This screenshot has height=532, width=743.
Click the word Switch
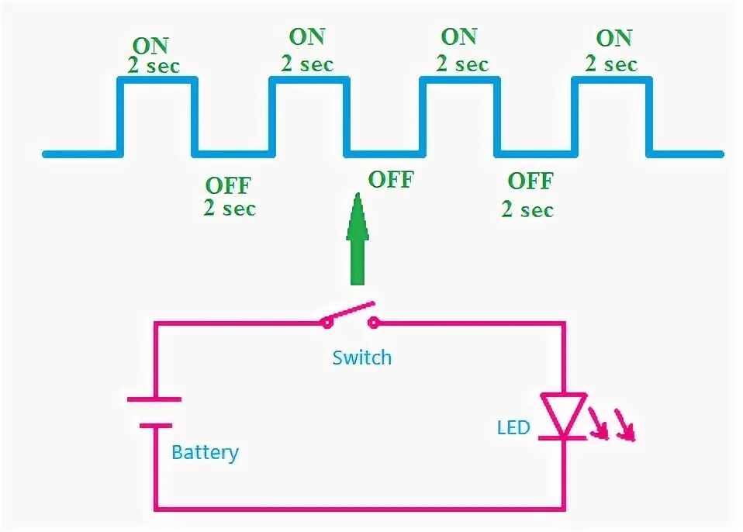[x=362, y=358]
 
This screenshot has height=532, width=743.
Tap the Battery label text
[x=205, y=452]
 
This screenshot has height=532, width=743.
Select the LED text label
[x=513, y=427]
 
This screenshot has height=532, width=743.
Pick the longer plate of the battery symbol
[x=154, y=399]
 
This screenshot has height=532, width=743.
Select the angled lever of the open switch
[x=350, y=311]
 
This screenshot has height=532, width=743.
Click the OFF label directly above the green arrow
[x=390, y=180]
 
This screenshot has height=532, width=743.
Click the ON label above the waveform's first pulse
[x=150, y=46]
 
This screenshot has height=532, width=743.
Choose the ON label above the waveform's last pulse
[x=613, y=37]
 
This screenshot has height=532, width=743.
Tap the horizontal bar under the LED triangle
[x=563, y=438]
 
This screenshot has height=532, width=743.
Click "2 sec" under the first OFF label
[x=230, y=208]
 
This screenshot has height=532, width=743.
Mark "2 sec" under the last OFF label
[x=527, y=209]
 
